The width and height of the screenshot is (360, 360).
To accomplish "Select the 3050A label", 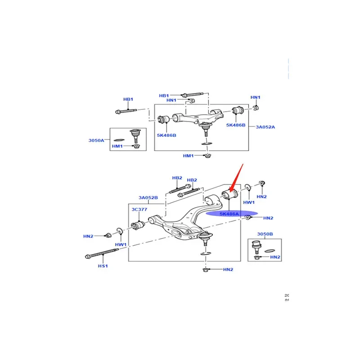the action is pyautogui.click(x=95, y=140).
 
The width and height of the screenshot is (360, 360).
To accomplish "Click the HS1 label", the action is pyautogui.click(x=103, y=265).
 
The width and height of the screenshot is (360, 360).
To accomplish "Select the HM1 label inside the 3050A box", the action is pyautogui.click(x=117, y=147).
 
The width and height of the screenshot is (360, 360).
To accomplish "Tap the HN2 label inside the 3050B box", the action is pyautogui.click(x=275, y=257).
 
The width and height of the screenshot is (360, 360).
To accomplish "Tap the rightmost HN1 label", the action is pyautogui.click(x=255, y=97).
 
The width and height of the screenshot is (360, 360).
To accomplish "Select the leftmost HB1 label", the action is pyautogui.click(x=128, y=99).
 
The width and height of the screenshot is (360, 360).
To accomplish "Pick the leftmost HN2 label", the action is pyautogui.click(x=88, y=236).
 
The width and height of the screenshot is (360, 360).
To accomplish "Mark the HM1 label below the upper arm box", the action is pyautogui.click(x=188, y=155).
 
